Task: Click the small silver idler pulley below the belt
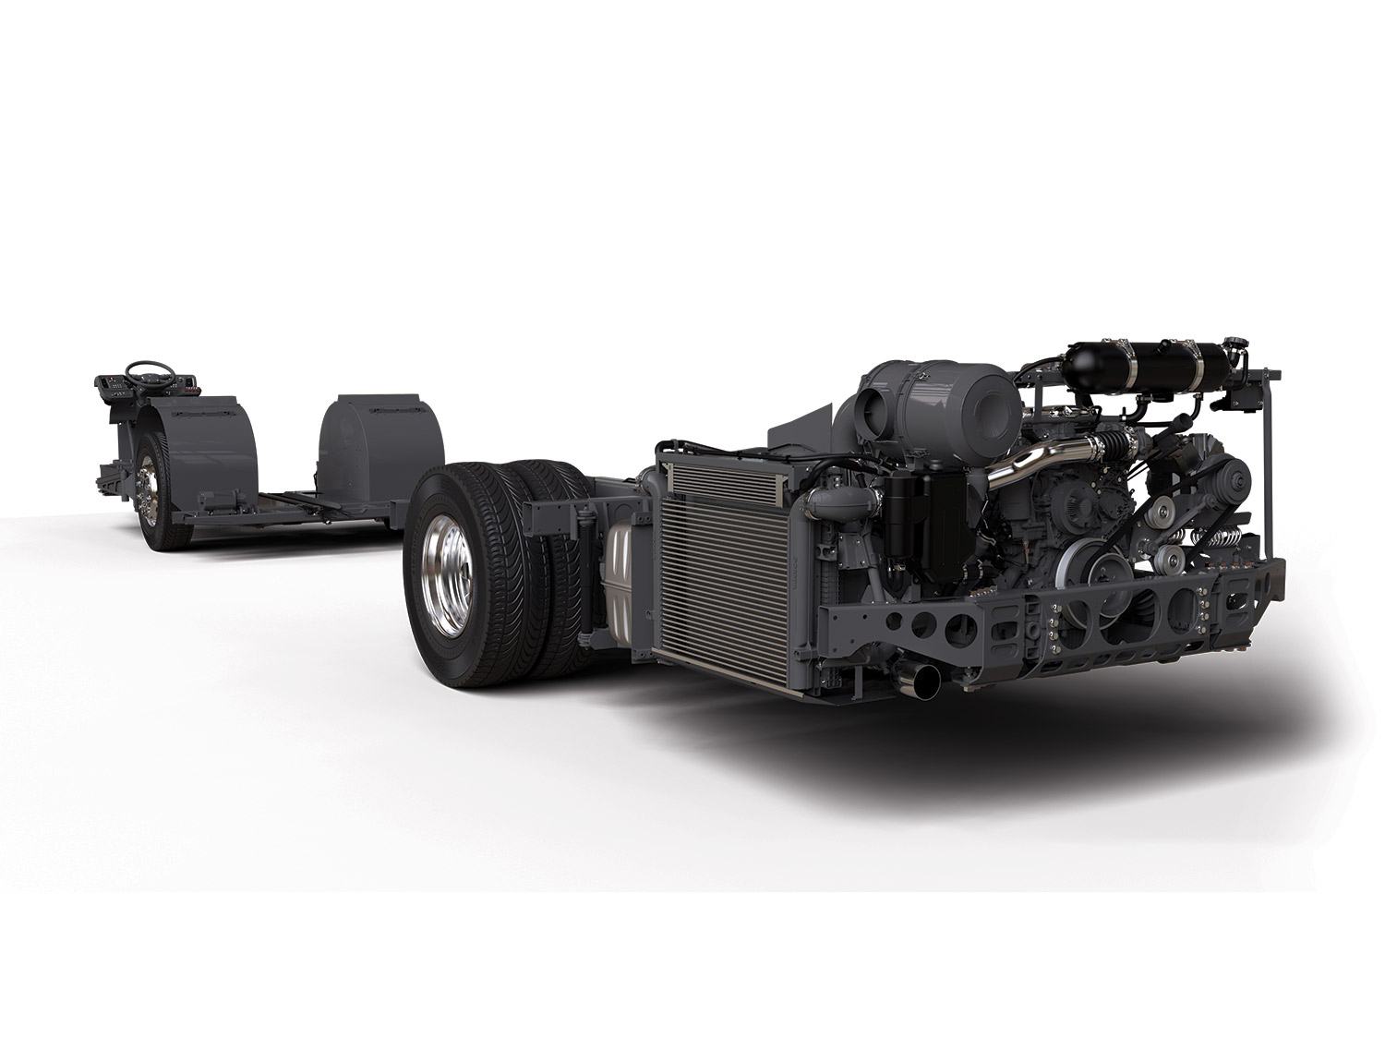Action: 1169,558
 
